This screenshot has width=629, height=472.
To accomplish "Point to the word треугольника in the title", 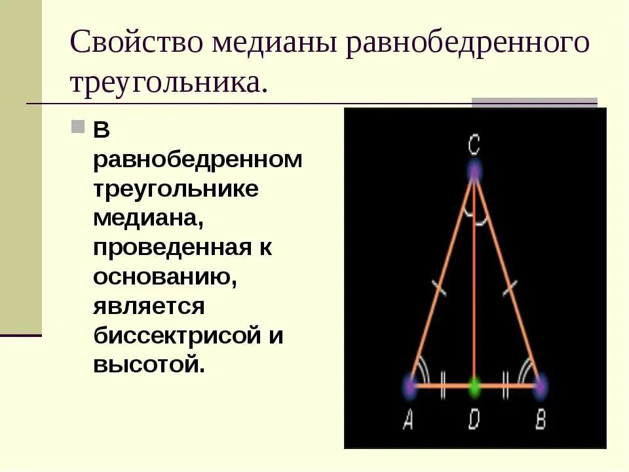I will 168,83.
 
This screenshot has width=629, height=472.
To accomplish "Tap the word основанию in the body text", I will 164,277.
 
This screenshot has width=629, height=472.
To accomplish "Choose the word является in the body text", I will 148,305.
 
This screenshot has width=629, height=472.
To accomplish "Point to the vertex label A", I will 408,420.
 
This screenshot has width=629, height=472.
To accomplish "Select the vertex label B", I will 541,420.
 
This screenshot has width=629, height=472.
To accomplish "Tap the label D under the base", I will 474,420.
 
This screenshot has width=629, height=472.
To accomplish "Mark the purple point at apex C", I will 474,172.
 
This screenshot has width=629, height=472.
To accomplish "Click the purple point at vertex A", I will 410,386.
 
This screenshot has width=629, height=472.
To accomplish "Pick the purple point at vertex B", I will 540,386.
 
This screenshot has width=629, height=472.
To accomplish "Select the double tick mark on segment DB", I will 506,386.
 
